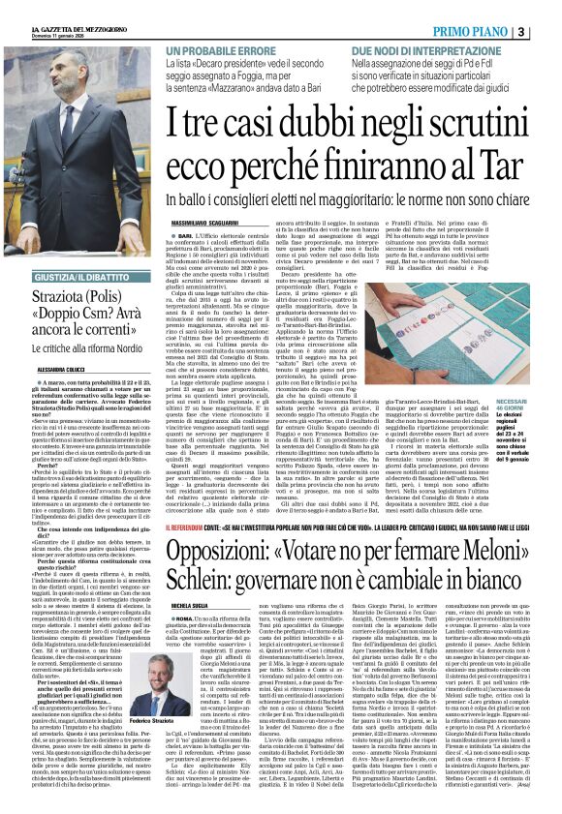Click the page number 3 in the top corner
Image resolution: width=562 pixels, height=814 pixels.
coord(548,31)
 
